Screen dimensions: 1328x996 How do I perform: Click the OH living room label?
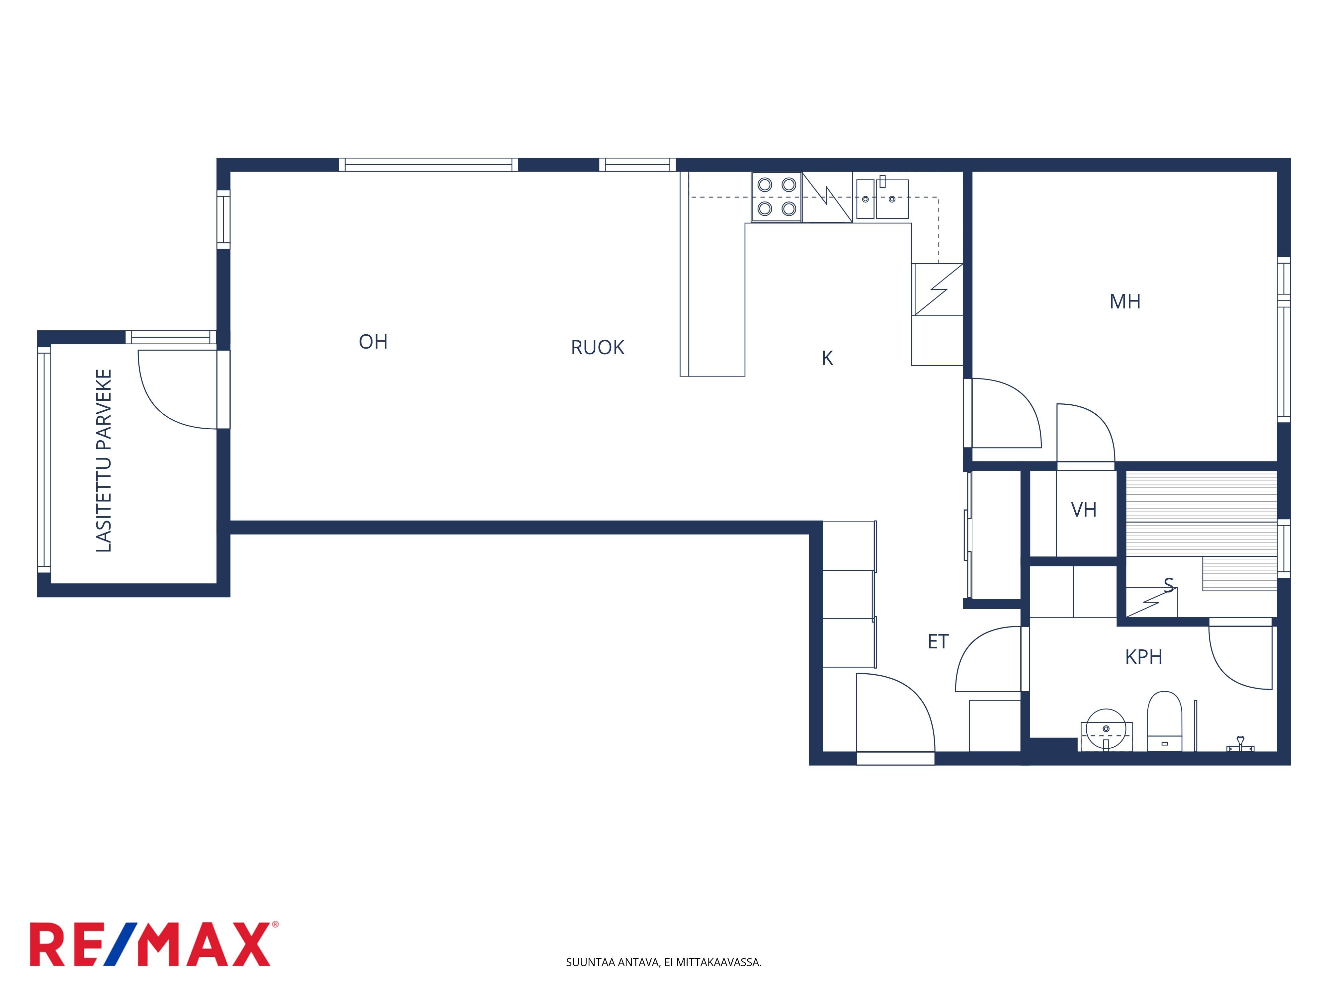373,342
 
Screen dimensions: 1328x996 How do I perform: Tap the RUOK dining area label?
597,348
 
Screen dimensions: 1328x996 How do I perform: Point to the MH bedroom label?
1124,301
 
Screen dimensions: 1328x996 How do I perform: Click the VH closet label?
1084,510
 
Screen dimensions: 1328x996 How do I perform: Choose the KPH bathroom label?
1144,657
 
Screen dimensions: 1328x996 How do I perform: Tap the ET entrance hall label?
938,642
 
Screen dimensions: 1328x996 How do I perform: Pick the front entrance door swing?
896,712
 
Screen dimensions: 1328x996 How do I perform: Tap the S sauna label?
1168,585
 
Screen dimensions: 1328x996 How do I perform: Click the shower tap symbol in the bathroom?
1239,744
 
